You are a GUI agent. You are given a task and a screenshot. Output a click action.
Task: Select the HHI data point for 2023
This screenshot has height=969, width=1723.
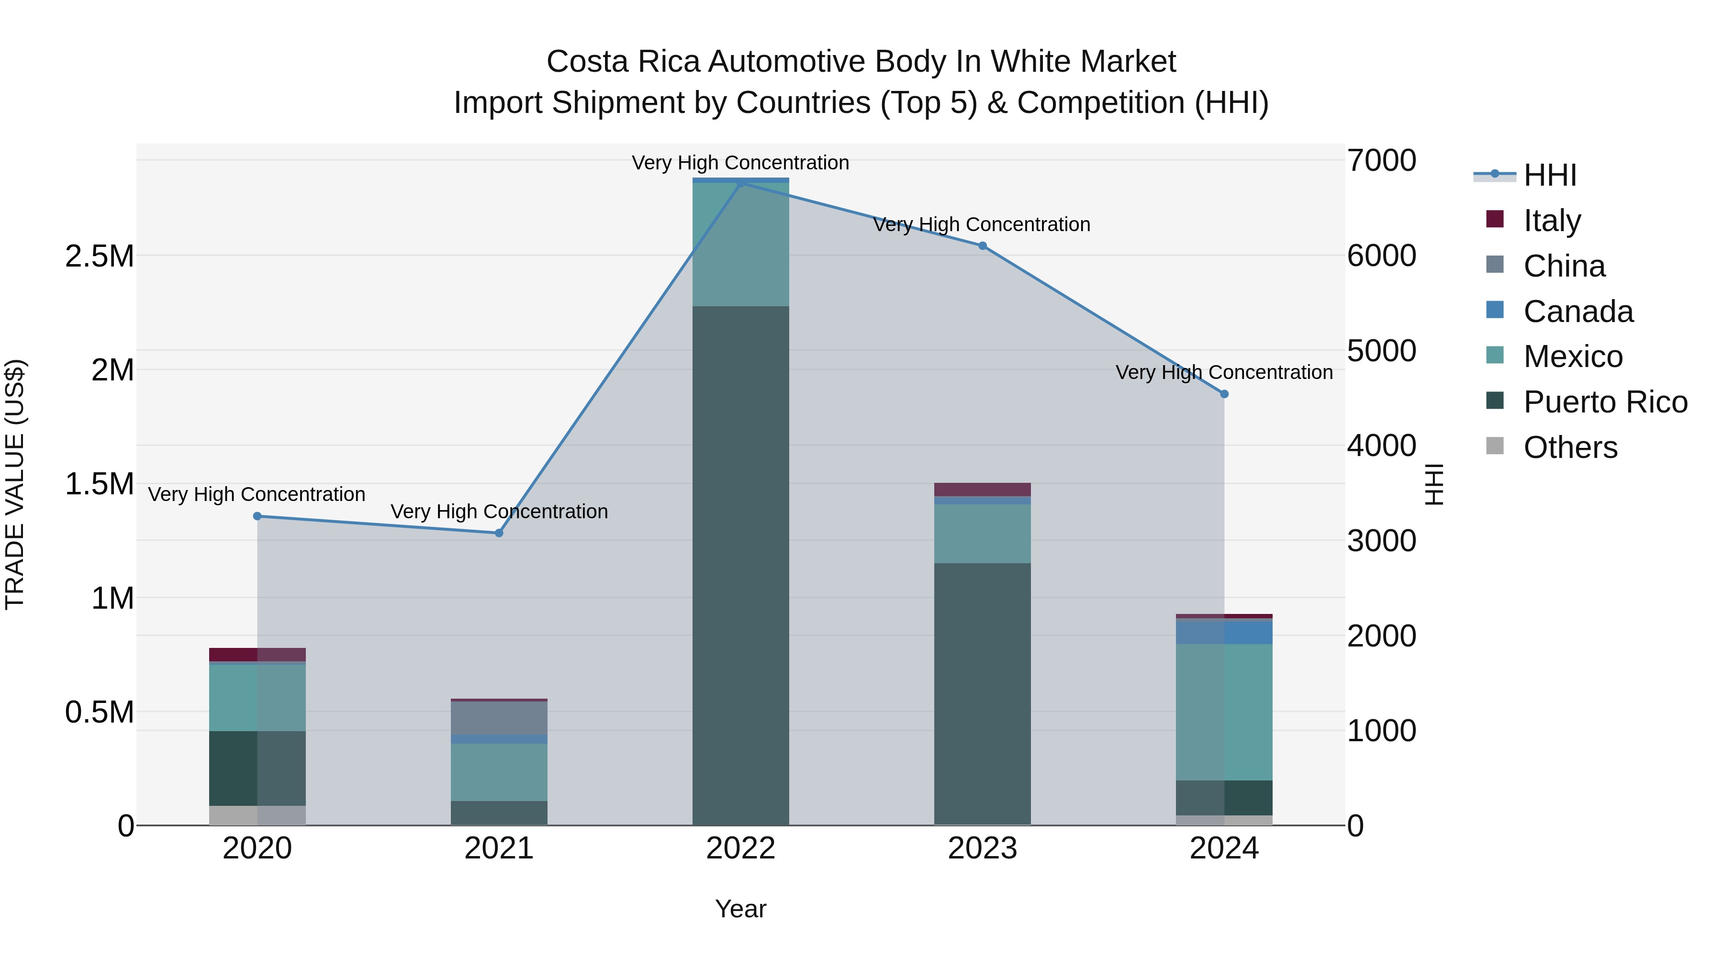click(x=983, y=245)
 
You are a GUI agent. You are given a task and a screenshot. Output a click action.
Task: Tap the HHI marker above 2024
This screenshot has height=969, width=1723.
click(x=1224, y=394)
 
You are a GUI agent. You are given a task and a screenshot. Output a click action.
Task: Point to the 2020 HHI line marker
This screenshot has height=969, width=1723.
click(x=257, y=515)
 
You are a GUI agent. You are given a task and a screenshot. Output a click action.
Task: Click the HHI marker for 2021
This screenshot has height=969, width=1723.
click(x=499, y=533)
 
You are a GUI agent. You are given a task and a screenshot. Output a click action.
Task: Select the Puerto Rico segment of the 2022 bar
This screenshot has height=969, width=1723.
click(x=740, y=565)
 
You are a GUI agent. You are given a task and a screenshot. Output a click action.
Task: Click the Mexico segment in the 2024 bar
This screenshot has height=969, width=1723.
click(x=1224, y=712)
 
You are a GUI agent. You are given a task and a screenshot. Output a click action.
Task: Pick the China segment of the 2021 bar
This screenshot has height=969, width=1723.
click(x=499, y=718)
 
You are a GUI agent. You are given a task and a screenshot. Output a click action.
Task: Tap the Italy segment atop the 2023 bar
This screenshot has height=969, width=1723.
click(x=983, y=489)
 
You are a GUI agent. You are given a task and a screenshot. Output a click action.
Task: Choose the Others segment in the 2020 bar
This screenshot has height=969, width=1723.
click(x=257, y=815)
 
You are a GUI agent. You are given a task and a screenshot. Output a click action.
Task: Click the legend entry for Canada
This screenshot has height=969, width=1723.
click(x=1578, y=312)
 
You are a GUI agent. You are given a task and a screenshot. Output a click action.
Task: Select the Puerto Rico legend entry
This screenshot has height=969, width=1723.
click(x=1605, y=402)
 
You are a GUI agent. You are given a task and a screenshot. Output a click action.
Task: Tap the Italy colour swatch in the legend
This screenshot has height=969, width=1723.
click(x=1494, y=219)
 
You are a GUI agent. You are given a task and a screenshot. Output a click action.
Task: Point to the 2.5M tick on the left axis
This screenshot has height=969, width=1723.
click(x=100, y=256)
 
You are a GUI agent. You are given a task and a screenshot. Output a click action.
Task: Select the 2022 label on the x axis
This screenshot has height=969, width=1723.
click(x=740, y=848)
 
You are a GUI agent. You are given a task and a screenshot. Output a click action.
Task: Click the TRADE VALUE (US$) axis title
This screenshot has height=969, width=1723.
click(x=15, y=484)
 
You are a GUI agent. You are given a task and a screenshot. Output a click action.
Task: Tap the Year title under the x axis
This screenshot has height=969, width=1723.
click(x=740, y=909)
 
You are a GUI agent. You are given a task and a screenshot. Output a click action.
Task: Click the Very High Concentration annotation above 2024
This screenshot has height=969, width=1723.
click(x=1224, y=372)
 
